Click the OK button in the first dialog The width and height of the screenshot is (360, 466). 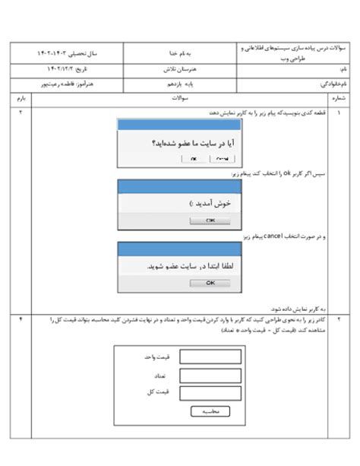click(x=194, y=158)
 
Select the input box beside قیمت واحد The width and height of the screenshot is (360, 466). click(x=210, y=357)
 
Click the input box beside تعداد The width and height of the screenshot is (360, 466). click(x=210, y=375)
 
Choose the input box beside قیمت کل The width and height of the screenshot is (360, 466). click(x=210, y=392)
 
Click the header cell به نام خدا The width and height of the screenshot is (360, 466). click(x=179, y=55)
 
